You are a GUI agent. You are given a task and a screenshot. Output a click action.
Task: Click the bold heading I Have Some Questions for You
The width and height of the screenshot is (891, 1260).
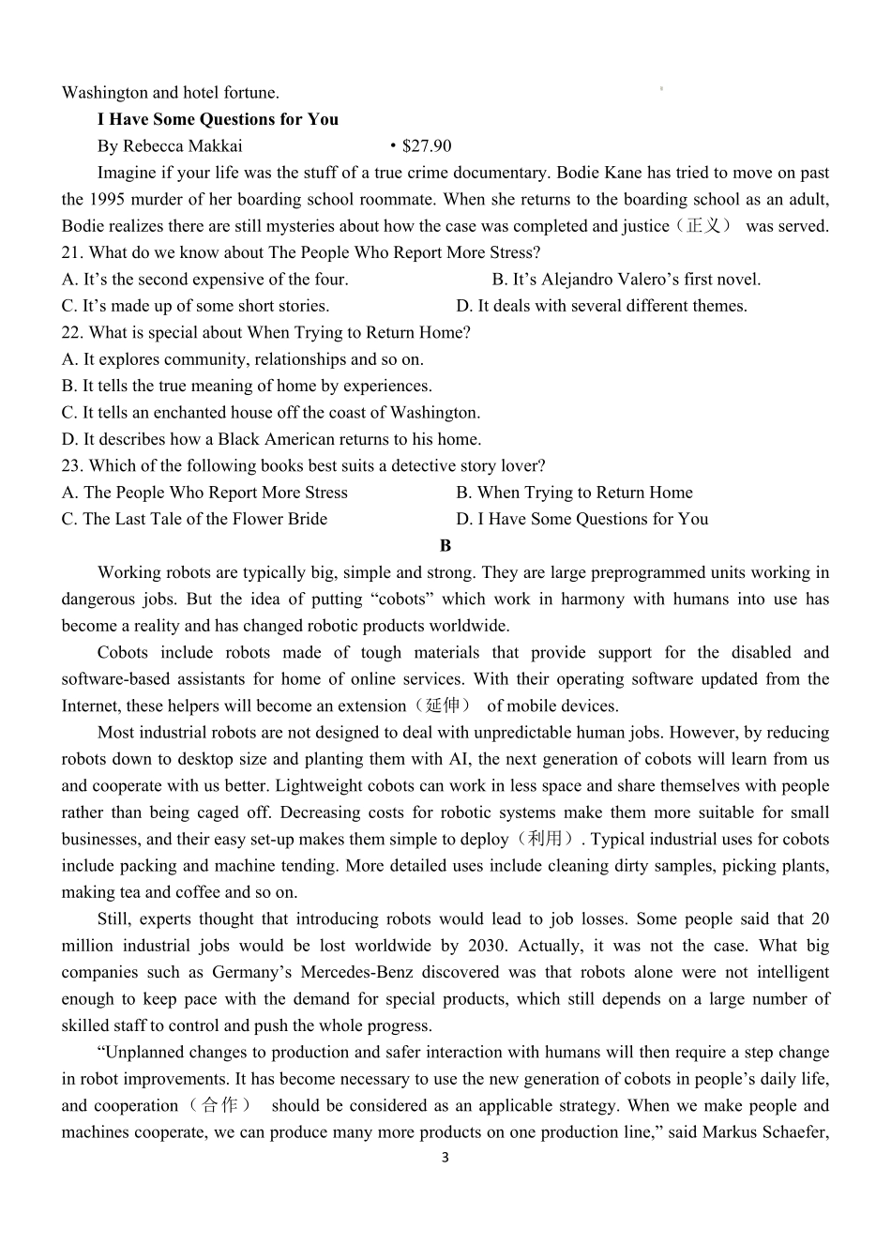click(x=218, y=119)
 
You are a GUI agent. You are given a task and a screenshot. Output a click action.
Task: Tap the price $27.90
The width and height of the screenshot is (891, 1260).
click(x=426, y=145)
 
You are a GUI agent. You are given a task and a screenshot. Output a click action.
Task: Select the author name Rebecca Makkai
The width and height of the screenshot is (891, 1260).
click(x=182, y=145)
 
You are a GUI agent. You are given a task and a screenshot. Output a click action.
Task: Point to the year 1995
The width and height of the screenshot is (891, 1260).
click(x=112, y=199)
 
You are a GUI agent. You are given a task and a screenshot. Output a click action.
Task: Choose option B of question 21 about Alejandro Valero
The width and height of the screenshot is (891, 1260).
click(x=626, y=280)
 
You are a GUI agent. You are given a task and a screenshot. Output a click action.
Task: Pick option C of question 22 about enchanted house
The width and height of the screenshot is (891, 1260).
click(x=270, y=412)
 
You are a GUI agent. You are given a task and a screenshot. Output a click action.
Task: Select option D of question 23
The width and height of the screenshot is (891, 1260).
click(x=581, y=519)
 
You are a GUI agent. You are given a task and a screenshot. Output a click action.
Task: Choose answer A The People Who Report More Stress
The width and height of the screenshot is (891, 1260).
click(x=204, y=493)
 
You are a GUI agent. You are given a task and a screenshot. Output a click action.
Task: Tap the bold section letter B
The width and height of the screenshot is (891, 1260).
click(x=445, y=546)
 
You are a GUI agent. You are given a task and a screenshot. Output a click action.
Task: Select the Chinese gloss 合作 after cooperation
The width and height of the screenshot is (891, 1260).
click(x=218, y=1105)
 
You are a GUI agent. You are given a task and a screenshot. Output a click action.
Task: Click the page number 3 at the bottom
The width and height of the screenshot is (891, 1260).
click(x=445, y=1158)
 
